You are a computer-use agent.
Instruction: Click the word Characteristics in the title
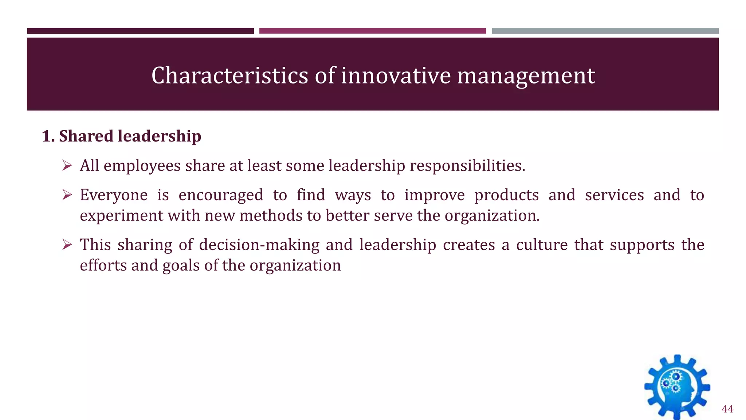pos(230,75)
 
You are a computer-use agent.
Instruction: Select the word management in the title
pos(526,75)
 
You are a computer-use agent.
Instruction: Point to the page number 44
pos(727,409)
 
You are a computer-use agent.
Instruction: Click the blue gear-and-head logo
pos(677,387)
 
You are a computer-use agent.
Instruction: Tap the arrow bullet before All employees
pos(67,166)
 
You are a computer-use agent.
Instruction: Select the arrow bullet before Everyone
pos(67,195)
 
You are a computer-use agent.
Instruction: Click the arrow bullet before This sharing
pos(67,245)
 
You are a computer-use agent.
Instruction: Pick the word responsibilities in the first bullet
pos(467,166)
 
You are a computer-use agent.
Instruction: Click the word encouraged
pos(221,195)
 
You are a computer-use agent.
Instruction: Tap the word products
pos(506,195)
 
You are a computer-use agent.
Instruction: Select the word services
pos(614,195)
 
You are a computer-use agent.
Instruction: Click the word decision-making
pos(259,245)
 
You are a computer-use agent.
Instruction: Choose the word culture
pos(542,245)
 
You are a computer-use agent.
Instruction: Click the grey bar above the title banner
pos(605,31)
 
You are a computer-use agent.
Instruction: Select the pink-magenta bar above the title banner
pos(372,31)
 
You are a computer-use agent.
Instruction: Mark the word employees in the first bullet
pos(142,166)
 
